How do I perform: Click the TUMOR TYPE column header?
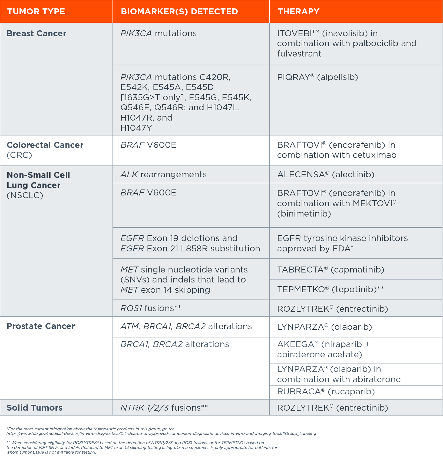(36, 12)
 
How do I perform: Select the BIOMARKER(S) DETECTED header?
(179, 12)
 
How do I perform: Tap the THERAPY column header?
(298, 12)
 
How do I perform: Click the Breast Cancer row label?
(37, 34)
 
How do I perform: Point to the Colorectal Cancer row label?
(45, 145)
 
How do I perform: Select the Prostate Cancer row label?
(41, 326)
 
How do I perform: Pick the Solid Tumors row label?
(34, 408)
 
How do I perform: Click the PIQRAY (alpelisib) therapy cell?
(317, 78)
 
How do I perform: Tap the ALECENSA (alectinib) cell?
(326, 175)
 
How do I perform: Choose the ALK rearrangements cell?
(163, 175)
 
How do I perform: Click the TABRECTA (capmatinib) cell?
(330, 270)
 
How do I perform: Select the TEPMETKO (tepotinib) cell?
(330, 290)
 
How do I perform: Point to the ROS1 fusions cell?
(150, 308)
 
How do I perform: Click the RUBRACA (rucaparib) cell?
(326, 392)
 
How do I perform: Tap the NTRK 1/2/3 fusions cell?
(164, 408)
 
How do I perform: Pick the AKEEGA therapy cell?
(323, 349)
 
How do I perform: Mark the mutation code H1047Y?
(136, 128)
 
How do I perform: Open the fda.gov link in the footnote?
(161, 434)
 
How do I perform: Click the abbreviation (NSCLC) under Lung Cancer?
(25, 195)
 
